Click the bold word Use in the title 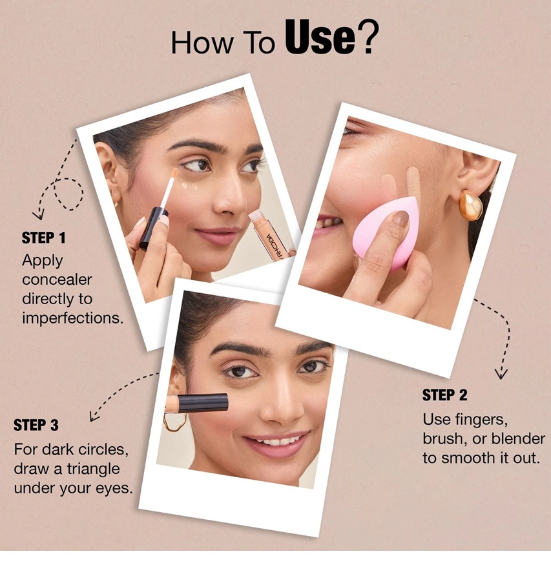pos(320,37)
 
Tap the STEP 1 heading pos(43,238)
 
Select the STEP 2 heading pos(444,395)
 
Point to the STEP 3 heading pos(36,425)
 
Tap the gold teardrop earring pos(470,205)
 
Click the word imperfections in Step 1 pos(72,318)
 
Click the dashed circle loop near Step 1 pos(68,194)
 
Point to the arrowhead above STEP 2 pos(501,375)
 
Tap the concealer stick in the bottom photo pos(196,404)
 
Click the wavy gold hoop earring pos(175,422)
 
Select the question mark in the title pos(367,37)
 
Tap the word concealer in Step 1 pos(57,280)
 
